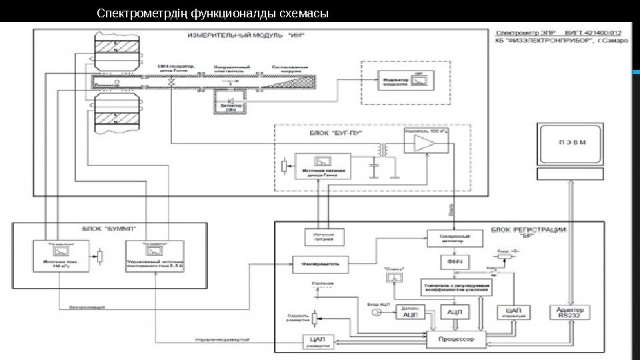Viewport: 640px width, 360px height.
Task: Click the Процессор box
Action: pos(455,339)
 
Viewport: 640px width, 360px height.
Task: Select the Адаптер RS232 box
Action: pos(566,312)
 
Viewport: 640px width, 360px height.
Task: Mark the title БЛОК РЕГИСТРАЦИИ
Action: pos(528,231)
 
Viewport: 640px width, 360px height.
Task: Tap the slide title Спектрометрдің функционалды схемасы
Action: pos(213,13)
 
